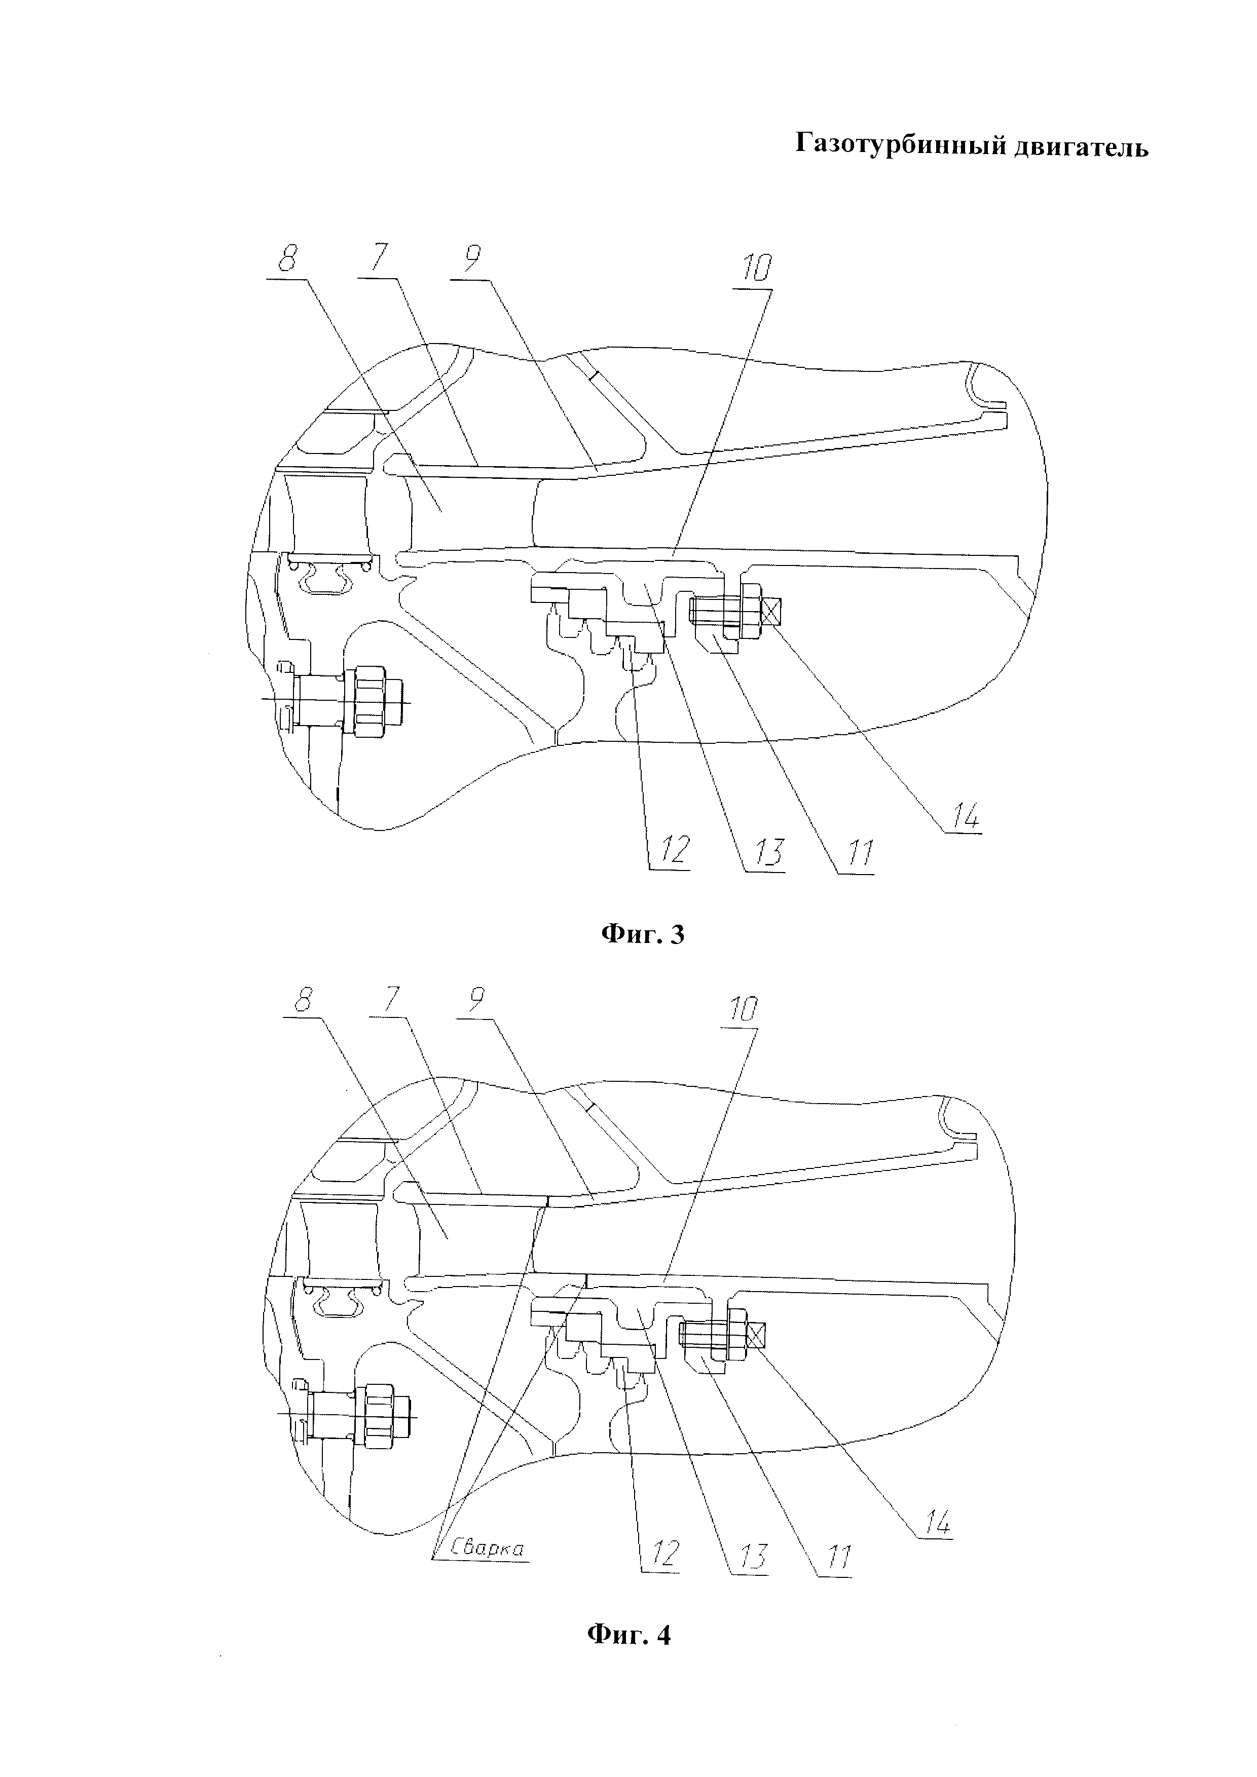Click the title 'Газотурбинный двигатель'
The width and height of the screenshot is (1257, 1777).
972,145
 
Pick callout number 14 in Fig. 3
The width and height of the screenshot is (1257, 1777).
962,816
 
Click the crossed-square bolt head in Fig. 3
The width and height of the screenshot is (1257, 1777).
772,613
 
